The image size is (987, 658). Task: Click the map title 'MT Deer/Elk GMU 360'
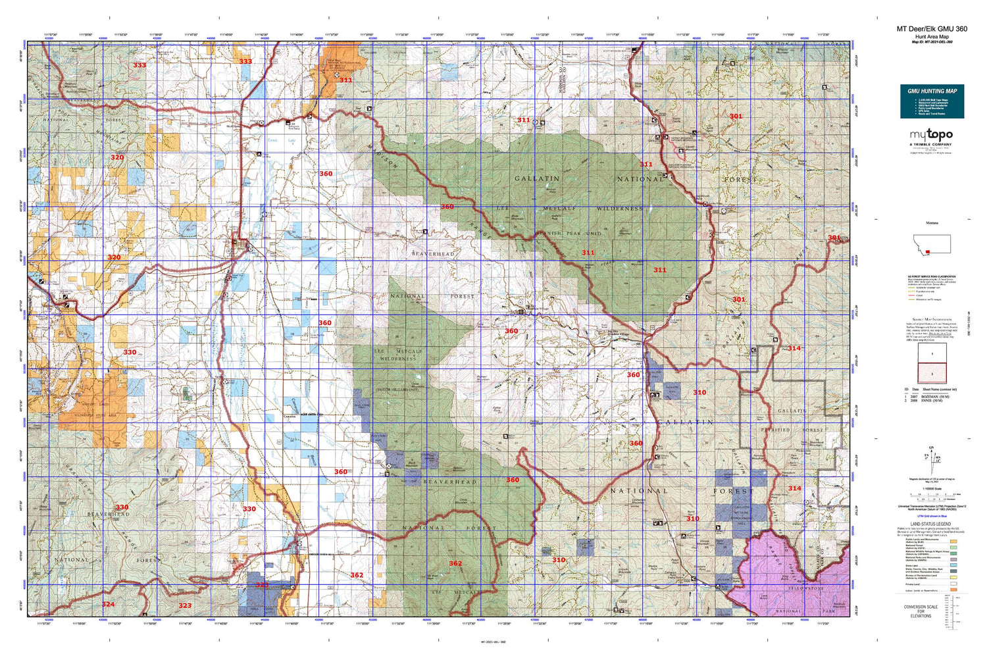click(932, 29)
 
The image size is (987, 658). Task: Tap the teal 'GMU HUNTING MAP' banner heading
click(932, 91)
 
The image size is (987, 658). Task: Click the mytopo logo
click(931, 135)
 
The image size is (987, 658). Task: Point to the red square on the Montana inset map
click(928, 252)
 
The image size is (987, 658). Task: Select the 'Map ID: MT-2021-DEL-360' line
click(932, 42)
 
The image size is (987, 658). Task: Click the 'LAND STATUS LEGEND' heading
click(931, 524)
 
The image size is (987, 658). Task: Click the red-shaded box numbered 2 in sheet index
click(932, 374)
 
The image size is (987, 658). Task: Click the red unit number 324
click(108, 604)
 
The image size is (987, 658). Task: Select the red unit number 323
click(185, 605)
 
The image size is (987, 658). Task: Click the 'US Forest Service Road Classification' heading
click(932, 277)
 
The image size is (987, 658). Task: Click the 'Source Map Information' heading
click(932, 318)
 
